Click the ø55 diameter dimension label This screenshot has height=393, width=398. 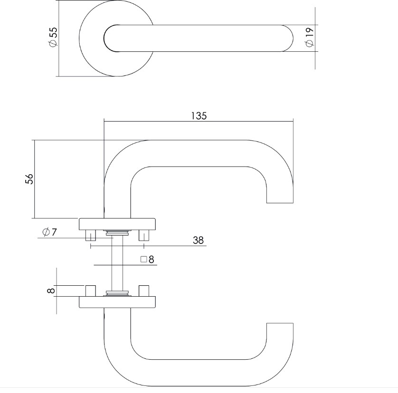tap(53, 37)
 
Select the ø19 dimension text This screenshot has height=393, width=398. tap(309, 37)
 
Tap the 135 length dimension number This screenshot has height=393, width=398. tap(199, 115)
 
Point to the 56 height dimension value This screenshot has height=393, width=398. tap(29, 179)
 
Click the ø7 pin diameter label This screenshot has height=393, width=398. tap(49, 232)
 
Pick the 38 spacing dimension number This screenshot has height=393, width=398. tap(198, 241)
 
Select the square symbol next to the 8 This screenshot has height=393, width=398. tap(143, 260)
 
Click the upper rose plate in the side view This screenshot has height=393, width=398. tap(117, 223)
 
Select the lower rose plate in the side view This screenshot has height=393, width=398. tap(117, 302)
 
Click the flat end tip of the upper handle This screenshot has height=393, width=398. tap(280, 201)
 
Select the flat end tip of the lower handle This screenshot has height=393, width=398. tap(280, 324)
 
